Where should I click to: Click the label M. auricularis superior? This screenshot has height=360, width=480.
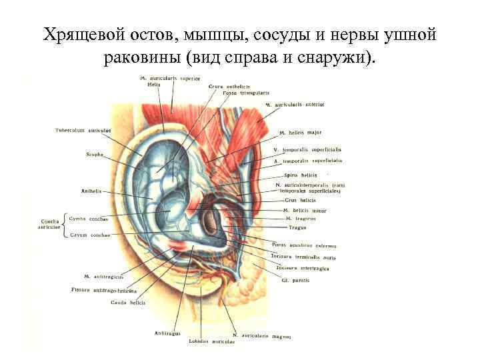[x=171, y=78]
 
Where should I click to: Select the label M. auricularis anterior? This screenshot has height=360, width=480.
[x=295, y=105]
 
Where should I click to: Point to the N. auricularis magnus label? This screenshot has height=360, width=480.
[x=262, y=336]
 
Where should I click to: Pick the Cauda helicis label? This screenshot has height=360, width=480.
[x=129, y=303]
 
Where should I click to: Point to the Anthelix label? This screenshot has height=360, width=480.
[x=91, y=191]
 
